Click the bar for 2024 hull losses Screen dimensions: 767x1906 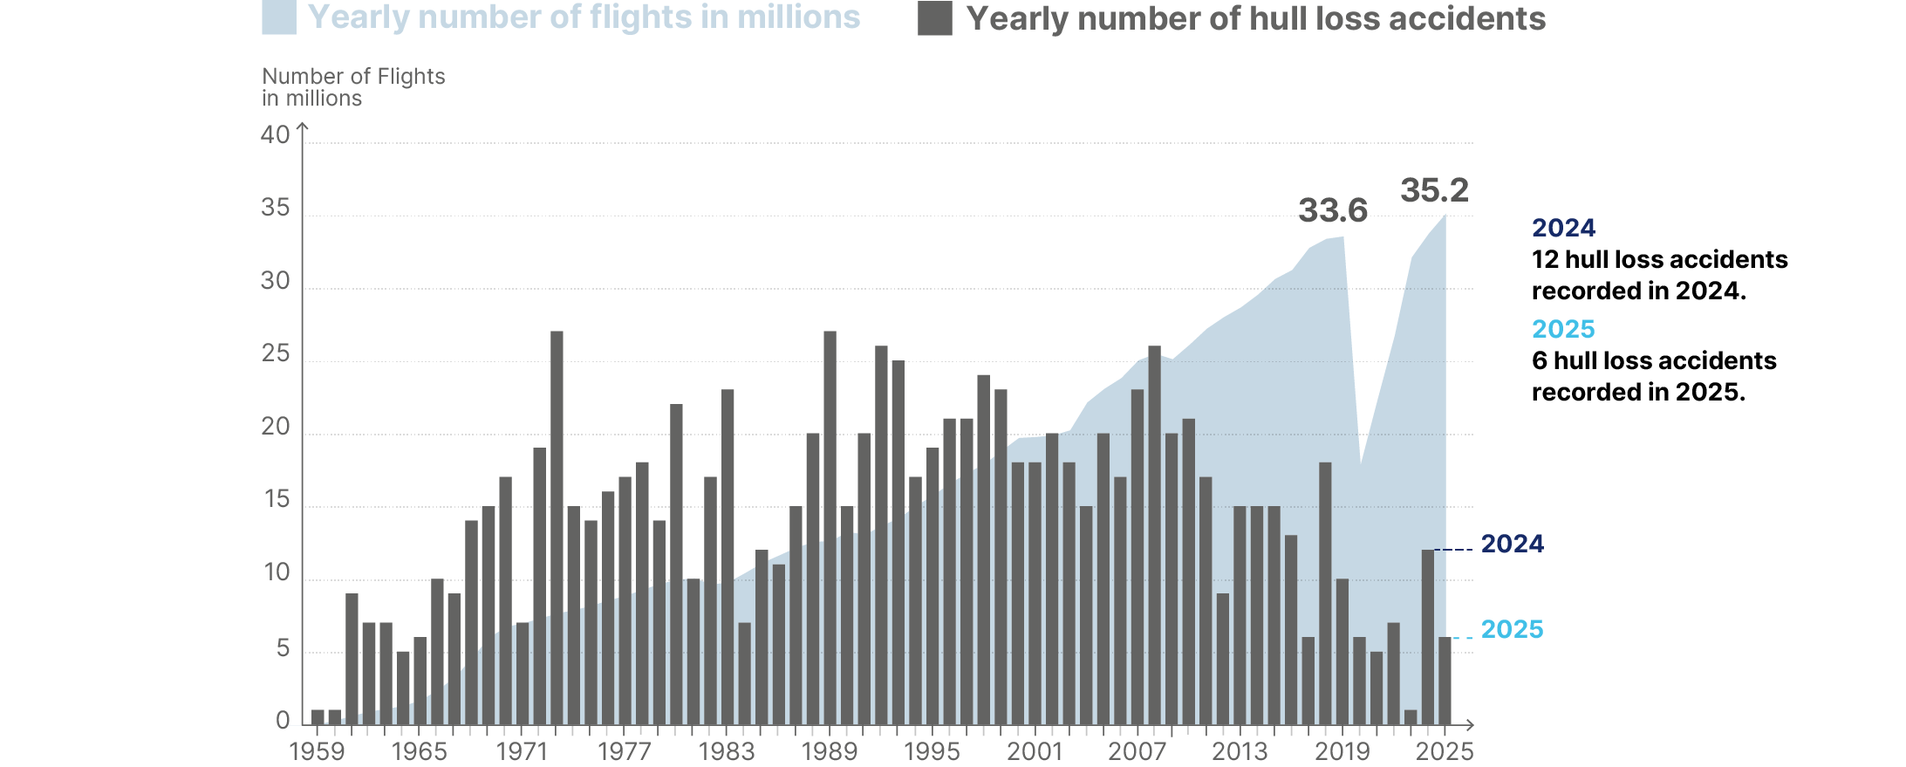tap(1427, 637)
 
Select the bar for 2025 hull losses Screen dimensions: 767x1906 tap(1445, 681)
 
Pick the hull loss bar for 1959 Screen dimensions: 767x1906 tap(318, 717)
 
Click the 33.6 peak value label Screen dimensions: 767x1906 tap(1333, 210)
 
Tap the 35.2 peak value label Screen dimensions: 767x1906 tap(1434, 190)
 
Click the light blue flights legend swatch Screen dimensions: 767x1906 tap(279, 17)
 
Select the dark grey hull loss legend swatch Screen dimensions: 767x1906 tap(934, 18)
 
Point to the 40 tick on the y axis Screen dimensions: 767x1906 tap(275, 135)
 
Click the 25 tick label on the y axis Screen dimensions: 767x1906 tap(275, 353)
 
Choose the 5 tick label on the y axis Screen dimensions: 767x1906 tap(283, 648)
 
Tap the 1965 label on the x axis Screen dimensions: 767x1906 tap(419, 751)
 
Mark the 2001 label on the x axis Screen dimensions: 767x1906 tap(1035, 751)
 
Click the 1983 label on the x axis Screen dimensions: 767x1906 tap(727, 751)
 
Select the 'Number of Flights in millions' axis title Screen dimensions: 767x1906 tap(353, 87)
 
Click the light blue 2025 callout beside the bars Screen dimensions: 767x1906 tap(1512, 629)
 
